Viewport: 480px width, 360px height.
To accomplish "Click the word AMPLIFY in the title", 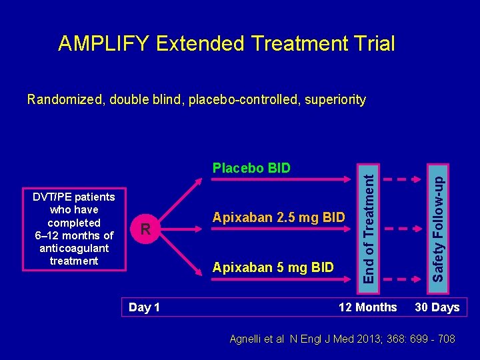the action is pos(104,44).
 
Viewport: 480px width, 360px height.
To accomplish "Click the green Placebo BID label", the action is pos(251,168).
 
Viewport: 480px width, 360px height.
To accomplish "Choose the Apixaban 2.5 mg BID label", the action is pos(278,217).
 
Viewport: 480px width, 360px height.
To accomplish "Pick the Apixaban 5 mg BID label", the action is pos(272,268).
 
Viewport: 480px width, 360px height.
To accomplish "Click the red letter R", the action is pos(144,231).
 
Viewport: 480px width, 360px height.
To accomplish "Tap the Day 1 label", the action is pos(143,307).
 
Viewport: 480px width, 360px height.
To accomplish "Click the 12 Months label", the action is pos(367,307).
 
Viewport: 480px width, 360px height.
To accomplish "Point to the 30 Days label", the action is pos(437,307).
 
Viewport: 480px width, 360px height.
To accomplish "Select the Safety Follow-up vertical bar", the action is pos(438,222).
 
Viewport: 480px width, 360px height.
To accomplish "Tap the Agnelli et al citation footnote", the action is pos(342,339).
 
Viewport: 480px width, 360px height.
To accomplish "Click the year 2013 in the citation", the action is pos(381,339).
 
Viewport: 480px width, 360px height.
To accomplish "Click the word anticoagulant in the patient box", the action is pos(74,248).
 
